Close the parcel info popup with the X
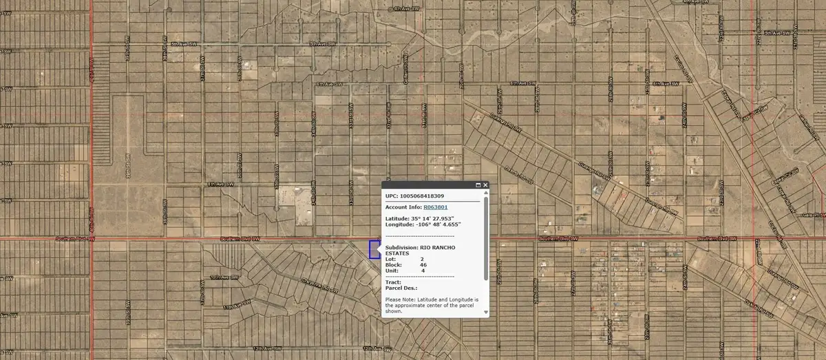pos(485,185)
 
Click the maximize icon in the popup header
pos(476,185)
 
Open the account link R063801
pos(436,207)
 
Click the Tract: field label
pos(393,282)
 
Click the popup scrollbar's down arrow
pos(486,312)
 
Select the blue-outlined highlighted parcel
pos(374,249)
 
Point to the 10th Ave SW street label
pos(223,277)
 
